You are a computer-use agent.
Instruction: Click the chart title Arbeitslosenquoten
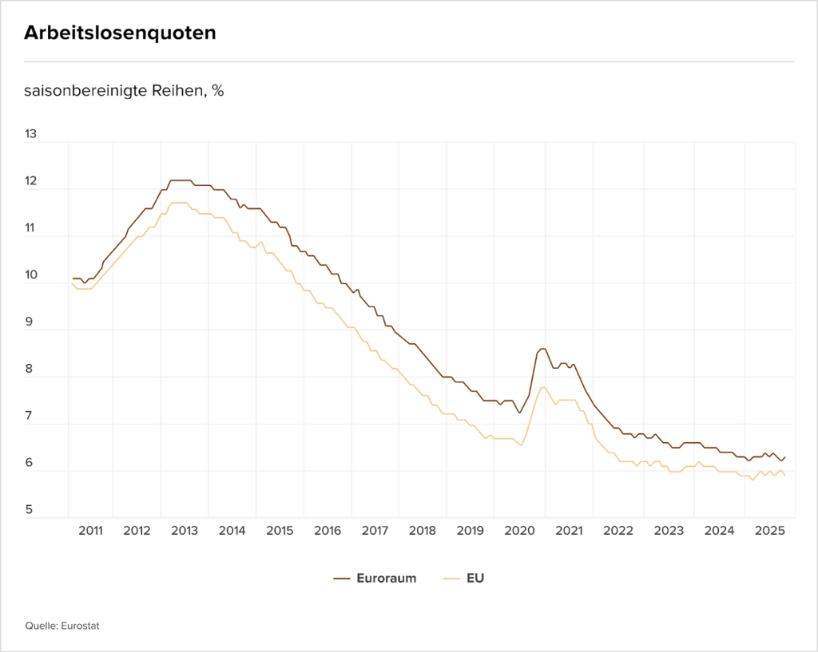point(120,33)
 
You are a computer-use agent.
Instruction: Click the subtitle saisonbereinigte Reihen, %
point(124,90)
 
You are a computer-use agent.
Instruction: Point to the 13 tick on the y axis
point(31,134)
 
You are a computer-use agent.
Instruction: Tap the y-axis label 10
point(31,275)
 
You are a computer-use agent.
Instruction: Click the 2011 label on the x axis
point(90,530)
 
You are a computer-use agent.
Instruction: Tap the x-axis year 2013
point(185,530)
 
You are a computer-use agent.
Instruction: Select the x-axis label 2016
point(328,530)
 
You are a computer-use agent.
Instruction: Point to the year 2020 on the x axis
point(519,530)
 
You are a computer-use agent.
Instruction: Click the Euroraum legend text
point(387,579)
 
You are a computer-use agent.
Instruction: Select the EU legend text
point(475,579)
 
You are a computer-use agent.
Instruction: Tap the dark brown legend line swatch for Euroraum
point(343,579)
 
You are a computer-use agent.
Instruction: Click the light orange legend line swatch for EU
point(452,579)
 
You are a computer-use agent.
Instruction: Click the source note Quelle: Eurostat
point(62,626)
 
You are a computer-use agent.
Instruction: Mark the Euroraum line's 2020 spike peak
point(542,349)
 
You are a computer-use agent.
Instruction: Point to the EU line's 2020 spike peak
point(542,388)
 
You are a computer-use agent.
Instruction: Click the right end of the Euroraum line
point(785,457)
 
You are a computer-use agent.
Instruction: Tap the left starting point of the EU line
point(72,283)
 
